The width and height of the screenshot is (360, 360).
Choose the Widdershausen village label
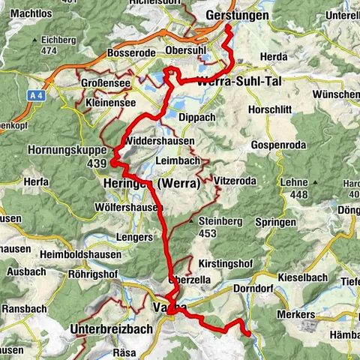[160, 141]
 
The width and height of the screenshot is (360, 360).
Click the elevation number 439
[96, 163]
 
